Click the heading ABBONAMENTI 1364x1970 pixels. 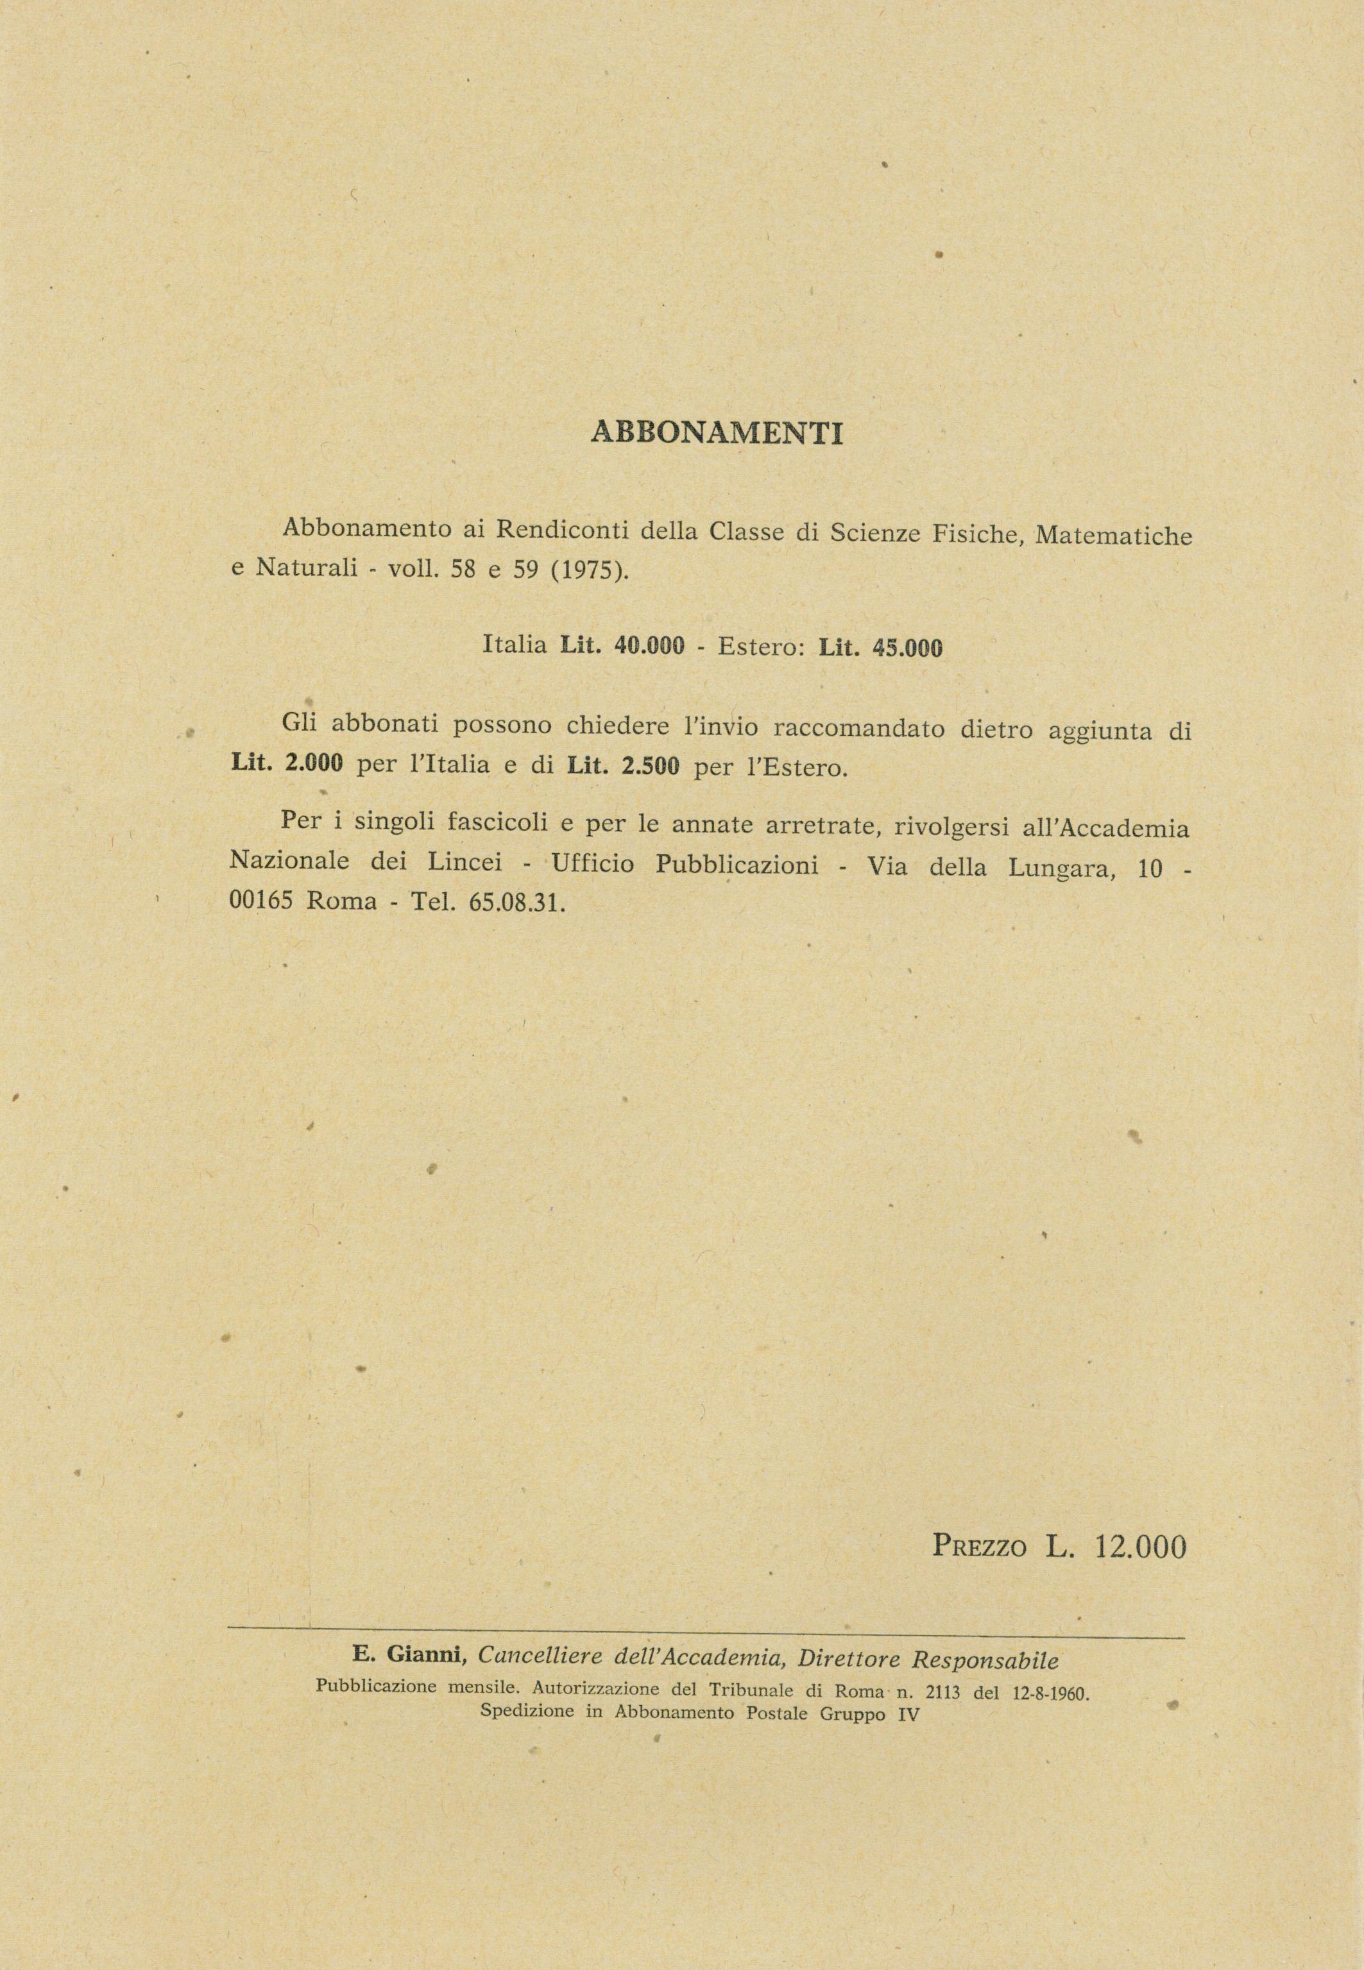pos(716,433)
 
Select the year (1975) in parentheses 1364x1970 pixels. pos(589,571)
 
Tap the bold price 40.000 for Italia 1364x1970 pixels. pos(649,646)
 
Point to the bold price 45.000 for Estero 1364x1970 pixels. pos(907,649)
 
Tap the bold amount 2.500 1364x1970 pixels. pos(651,767)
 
